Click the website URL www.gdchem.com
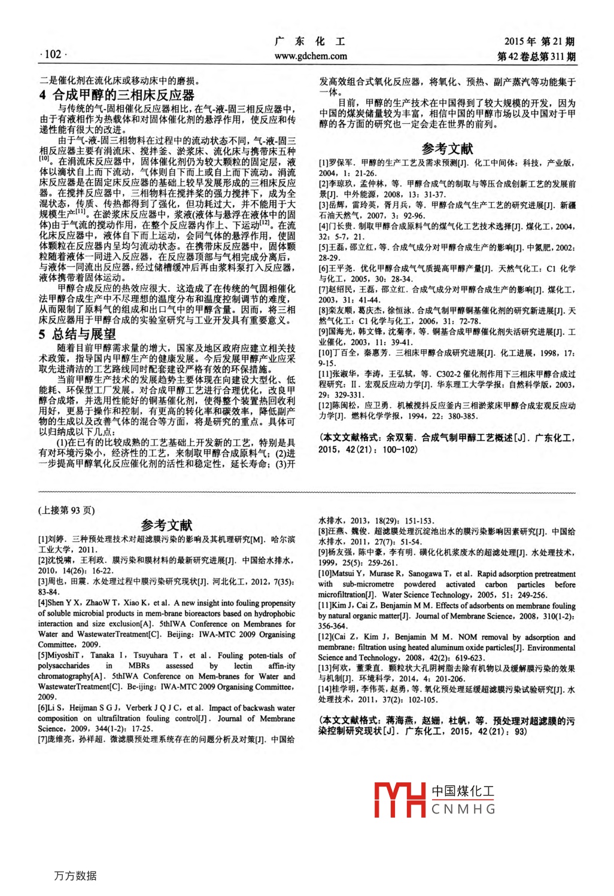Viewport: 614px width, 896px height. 311,56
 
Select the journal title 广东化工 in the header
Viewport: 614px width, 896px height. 310,41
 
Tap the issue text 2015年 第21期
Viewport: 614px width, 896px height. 539,41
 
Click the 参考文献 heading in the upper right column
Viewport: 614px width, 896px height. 447,148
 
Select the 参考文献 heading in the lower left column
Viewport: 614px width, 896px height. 166,525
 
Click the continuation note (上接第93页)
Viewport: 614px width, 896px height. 66,510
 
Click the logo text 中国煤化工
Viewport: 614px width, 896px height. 463,791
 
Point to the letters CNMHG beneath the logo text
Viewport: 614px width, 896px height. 463,809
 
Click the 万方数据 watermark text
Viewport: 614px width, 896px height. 75,876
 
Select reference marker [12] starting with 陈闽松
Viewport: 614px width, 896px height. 327,406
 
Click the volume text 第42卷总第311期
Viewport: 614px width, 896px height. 536,56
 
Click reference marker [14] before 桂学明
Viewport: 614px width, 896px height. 327,689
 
